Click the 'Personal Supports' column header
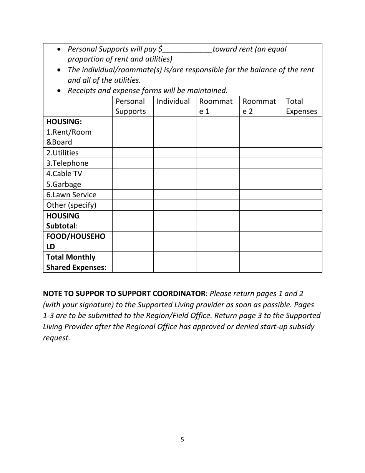point(131,107)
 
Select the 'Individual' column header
point(173,102)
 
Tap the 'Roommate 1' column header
point(216,107)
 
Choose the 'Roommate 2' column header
point(259,107)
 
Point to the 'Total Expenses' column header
point(302,107)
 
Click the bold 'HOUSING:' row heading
point(64,122)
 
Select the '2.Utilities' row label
point(62,153)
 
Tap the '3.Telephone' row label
point(67,163)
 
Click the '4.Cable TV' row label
point(64,174)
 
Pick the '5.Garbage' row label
point(64,184)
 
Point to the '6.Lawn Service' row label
point(71,195)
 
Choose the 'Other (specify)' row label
point(71,205)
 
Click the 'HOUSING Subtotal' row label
point(63,221)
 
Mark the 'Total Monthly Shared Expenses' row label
point(76,262)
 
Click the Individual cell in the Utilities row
point(174,153)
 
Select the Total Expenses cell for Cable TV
point(302,174)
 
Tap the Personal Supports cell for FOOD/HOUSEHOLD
point(133,241)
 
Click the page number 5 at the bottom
point(182,440)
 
